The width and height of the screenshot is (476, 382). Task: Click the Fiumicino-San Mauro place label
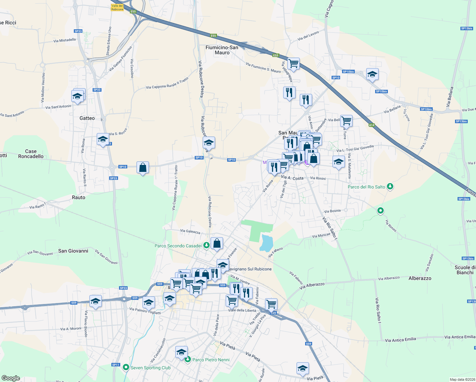click(222, 50)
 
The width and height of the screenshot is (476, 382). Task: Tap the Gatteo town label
click(87, 118)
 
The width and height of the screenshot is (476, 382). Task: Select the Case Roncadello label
click(31, 154)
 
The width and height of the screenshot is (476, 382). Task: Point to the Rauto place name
click(79, 197)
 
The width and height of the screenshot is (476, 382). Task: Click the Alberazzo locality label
click(420, 278)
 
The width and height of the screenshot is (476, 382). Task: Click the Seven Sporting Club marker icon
click(126, 368)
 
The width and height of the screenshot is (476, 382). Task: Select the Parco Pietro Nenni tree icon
click(188, 360)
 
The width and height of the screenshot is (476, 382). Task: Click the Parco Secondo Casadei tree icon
click(206, 245)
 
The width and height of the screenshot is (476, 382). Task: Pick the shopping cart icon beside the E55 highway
click(293, 64)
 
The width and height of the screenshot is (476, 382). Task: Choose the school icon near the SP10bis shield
click(372, 74)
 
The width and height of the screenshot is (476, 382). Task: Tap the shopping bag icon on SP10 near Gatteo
click(143, 167)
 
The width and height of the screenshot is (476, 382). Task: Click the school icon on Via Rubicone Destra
click(209, 142)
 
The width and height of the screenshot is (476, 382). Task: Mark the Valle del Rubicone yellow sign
click(117, 8)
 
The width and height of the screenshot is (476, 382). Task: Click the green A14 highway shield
click(372, 125)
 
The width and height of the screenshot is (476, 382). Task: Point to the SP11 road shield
click(115, 365)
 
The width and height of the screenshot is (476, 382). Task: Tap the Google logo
click(11, 378)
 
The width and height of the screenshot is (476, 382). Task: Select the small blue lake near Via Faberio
click(266, 243)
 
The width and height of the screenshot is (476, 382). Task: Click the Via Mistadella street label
click(65, 40)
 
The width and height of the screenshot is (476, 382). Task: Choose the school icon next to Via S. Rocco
click(103, 139)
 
